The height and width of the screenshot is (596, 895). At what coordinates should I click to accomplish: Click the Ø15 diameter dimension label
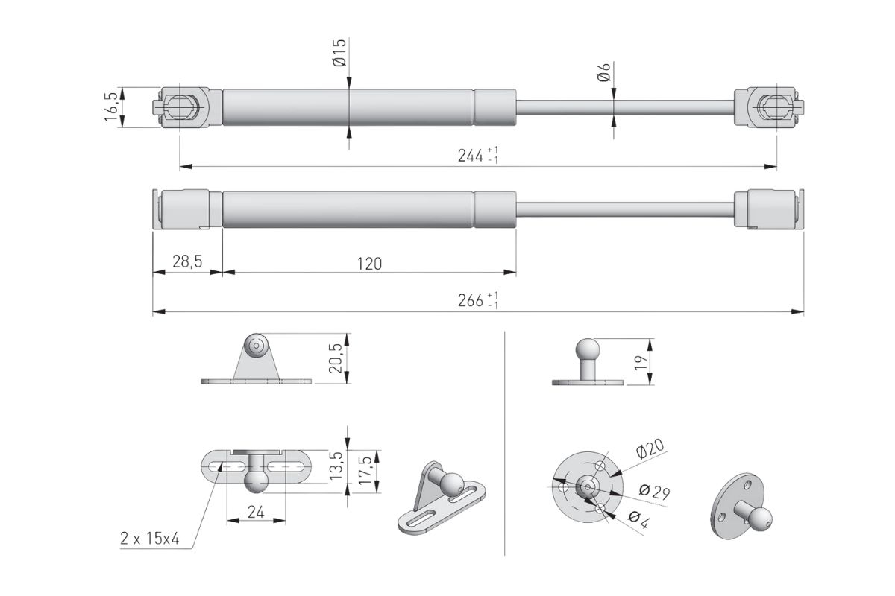click(x=339, y=52)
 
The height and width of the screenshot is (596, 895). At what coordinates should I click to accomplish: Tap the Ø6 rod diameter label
click(x=604, y=72)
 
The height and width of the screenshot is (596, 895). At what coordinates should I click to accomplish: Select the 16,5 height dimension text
click(x=111, y=107)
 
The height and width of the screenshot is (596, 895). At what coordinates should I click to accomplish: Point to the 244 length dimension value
click(x=471, y=156)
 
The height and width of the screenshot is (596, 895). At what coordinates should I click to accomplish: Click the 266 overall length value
click(x=471, y=300)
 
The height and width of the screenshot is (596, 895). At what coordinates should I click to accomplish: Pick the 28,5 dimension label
click(x=187, y=261)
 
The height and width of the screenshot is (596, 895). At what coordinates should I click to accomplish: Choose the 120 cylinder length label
click(x=369, y=264)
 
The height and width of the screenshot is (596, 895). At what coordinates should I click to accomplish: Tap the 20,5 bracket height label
click(x=336, y=358)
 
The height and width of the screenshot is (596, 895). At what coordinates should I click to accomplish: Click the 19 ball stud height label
click(x=641, y=363)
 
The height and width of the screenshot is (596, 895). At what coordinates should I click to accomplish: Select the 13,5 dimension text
click(x=336, y=466)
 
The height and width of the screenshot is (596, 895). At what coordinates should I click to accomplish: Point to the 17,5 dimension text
click(x=365, y=471)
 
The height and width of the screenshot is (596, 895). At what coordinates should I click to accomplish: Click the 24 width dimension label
click(x=256, y=512)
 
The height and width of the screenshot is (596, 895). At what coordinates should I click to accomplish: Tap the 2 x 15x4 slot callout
click(x=150, y=539)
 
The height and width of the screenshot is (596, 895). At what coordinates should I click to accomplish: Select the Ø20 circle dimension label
click(x=650, y=449)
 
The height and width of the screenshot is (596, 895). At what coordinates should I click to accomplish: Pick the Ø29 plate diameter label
click(x=654, y=492)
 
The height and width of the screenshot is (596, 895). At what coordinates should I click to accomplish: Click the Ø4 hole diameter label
click(x=639, y=520)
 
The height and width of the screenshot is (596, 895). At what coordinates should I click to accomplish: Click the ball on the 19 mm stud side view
click(x=588, y=349)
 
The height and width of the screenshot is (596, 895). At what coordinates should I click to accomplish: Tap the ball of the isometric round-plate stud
click(x=760, y=519)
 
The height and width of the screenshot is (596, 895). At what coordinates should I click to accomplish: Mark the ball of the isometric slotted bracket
click(x=452, y=484)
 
